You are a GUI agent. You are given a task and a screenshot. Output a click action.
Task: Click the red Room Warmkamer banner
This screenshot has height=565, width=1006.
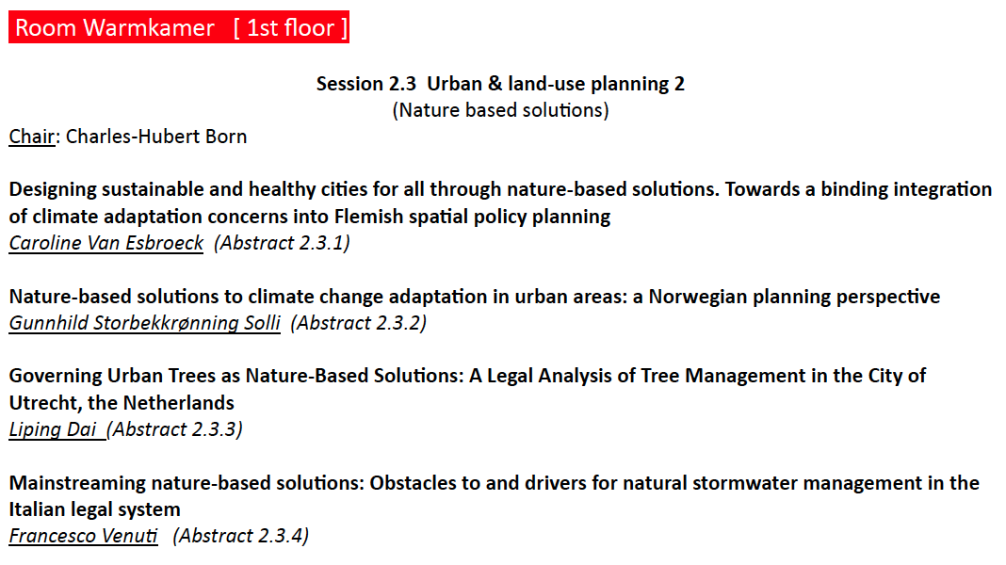[179, 27]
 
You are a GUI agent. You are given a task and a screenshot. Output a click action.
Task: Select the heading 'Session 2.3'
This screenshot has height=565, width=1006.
[366, 84]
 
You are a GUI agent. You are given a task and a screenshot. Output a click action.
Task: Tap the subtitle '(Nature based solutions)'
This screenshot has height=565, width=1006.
[500, 110]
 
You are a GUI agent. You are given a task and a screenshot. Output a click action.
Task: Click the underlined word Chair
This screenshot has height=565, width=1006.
[31, 137]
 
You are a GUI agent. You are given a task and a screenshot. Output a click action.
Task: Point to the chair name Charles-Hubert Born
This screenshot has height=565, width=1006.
[156, 137]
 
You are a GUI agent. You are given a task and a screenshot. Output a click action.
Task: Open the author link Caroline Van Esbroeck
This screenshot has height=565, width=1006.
[105, 243]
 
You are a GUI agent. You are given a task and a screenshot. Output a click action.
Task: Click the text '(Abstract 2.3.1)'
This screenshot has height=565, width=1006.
[283, 243]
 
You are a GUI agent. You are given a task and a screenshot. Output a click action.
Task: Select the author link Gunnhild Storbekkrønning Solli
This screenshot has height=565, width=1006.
[144, 323]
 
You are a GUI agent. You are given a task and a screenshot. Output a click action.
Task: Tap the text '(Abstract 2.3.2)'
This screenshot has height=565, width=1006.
[359, 323]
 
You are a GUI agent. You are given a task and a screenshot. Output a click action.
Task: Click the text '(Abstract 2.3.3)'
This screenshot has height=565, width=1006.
[174, 429]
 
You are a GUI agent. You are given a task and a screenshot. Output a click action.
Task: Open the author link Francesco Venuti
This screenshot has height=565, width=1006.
[84, 536]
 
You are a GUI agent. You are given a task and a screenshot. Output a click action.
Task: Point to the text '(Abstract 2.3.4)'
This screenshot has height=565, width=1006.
[240, 536]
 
